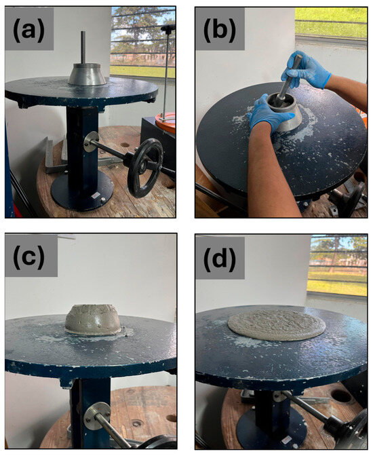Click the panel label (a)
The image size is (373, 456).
(x=28, y=30)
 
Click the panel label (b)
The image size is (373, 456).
(x=220, y=30)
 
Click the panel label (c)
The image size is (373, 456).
(x=28, y=256)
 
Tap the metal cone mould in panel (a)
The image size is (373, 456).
(x=87, y=75)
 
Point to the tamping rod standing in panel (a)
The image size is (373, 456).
(x=83, y=47)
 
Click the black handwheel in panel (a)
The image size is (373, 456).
(x=145, y=168)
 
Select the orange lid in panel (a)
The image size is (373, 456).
(x=165, y=122)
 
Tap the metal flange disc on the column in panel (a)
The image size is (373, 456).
(x=92, y=142)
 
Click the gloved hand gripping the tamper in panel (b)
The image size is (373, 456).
(x=305, y=69)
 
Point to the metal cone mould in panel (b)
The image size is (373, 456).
(x=285, y=112)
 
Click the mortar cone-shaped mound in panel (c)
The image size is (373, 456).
(x=93, y=320)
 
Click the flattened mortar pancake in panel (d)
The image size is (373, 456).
(x=277, y=325)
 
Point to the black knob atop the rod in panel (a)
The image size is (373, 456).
(x=168, y=28)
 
